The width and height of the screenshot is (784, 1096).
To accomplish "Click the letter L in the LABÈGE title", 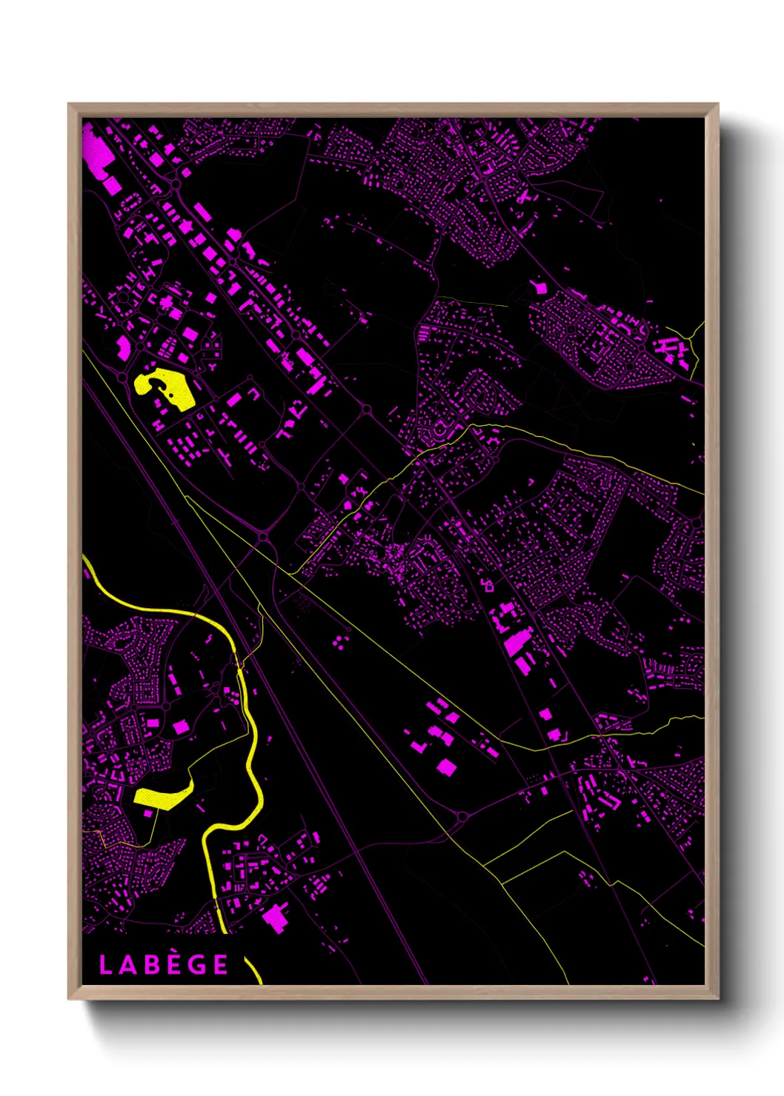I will coord(105,965).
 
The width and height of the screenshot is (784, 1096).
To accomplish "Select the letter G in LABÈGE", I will coord(196,965).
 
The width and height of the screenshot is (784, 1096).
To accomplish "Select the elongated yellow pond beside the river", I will coord(163,795).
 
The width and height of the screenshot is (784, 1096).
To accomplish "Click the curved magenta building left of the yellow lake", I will coord(123,347).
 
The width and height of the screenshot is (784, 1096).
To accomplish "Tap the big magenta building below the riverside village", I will coord(275,917).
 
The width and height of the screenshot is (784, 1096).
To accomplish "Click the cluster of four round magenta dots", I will coord(340,641).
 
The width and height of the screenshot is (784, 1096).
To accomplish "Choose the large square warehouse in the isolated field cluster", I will coord(446,767).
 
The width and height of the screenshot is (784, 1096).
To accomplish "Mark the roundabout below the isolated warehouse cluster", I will coord(462,817).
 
